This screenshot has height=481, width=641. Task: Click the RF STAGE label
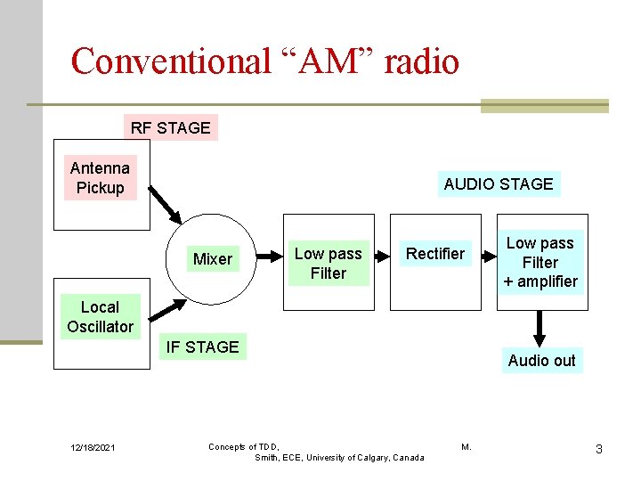pos(170,127)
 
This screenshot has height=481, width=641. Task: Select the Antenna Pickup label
pos(100,178)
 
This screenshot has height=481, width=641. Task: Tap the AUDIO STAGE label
pos(499,184)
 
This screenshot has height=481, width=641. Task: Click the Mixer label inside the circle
pos(213,259)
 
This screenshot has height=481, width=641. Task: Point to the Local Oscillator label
pos(100,317)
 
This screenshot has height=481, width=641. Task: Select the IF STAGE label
pos(202,346)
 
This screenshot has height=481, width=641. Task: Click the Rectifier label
pos(435,254)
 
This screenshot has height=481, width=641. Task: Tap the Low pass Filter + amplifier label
pos(540,263)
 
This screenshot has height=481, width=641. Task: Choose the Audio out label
pos(541,361)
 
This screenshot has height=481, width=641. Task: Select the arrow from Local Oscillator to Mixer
pos(167,310)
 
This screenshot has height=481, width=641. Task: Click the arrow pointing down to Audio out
pos(540,330)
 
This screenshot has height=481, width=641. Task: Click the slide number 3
pos(598,449)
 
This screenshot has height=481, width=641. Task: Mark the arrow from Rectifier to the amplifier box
pos(490,257)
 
